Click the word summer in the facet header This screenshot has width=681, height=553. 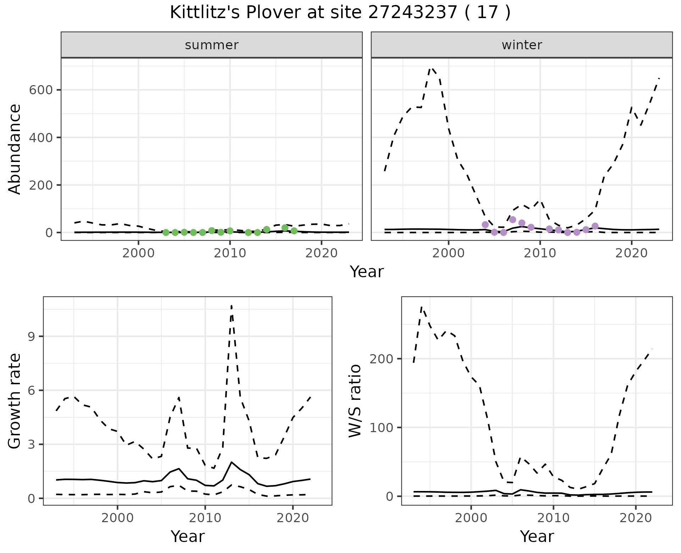click(212, 45)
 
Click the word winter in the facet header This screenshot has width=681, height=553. click(522, 45)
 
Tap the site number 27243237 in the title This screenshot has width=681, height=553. click(412, 13)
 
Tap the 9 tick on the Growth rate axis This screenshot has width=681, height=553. click(32, 336)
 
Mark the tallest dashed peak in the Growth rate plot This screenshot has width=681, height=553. click(232, 306)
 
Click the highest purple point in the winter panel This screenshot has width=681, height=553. click(513, 220)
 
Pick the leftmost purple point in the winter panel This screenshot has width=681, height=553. click(485, 225)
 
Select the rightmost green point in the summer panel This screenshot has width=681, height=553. click(294, 231)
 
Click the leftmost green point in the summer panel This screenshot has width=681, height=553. click(166, 233)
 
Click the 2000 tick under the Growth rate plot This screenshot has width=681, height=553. click(117, 518)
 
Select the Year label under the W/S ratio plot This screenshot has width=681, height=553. click(537, 536)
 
